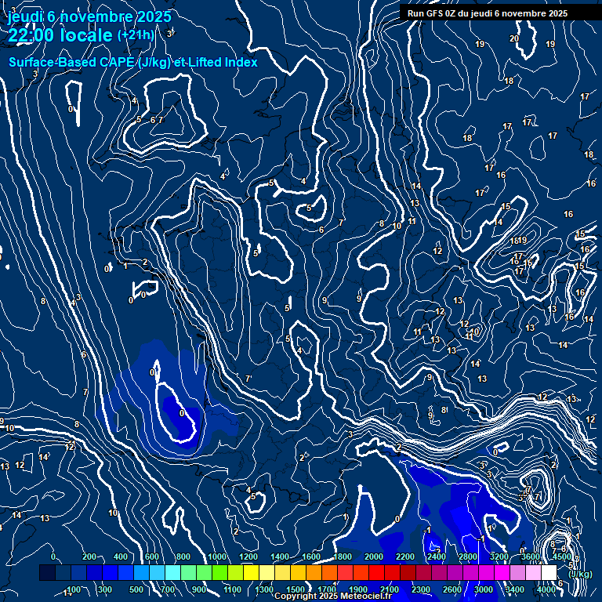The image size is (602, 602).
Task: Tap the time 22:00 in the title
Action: pyautogui.click(x=31, y=35)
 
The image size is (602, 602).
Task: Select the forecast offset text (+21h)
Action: pyautogui.click(x=136, y=34)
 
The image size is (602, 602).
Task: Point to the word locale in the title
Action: pyautogui.click(x=86, y=35)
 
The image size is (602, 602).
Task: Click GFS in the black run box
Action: pyautogui.click(x=436, y=13)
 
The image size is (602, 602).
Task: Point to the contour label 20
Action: pyautogui.click(x=514, y=38)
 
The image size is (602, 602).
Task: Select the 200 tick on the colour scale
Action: pyautogui.click(x=89, y=557)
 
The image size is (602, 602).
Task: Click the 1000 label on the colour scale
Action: pyautogui.click(x=216, y=557)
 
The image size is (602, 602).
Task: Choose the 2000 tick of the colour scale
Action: pyautogui.click(x=373, y=557)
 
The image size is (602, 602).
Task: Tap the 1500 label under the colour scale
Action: pyautogui.click(x=295, y=589)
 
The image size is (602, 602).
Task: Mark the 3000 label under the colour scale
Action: pyautogui.click(x=483, y=589)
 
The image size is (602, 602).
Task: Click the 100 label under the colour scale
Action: pyautogui.click(x=74, y=589)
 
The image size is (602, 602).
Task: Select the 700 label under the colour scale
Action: pyautogui.click(x=168, y=589)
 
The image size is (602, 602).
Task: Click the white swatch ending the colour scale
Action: pyautogui.click(x=549, y=573)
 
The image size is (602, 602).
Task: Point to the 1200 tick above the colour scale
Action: pyautogui.click(x=248, y=557)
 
